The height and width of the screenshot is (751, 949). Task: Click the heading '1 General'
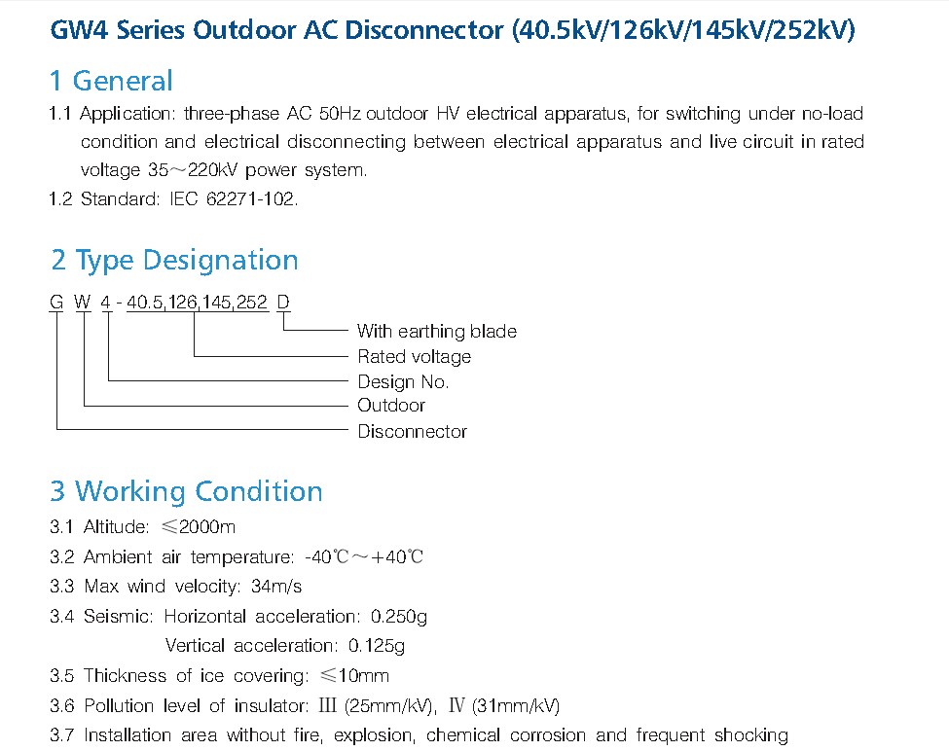tap(111, 81)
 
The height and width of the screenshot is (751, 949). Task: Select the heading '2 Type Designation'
tap(174, 261)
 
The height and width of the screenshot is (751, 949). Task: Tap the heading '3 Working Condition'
tap(187, 491)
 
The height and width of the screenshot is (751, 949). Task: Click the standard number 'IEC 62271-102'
tap(233, 198)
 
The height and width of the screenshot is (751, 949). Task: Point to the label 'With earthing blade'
tap(437, 332)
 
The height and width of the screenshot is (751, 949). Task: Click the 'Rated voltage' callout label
tap(415, 357)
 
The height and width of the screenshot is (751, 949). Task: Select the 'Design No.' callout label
tap(403, 382)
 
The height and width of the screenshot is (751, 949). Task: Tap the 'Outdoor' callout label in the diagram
tap(391, 405)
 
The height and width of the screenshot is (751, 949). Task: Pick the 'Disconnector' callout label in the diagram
tap(412, 431)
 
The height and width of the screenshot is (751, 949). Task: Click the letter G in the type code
tap(56, 302)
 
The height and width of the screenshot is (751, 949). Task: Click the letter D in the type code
tap(283, 302)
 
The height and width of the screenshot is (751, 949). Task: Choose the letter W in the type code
tap(83, 302)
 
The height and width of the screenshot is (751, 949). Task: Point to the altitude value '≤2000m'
tap(199, 526)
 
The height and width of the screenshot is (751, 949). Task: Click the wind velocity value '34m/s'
tap(276, 586)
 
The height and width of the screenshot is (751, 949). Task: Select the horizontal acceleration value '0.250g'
tap(399, 616)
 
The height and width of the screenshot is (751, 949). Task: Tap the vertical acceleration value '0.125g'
tap(377, 646)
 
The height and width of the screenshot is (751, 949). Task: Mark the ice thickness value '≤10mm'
tap(354, 675)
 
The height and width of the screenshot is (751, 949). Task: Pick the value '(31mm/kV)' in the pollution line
tap(516, 705)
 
